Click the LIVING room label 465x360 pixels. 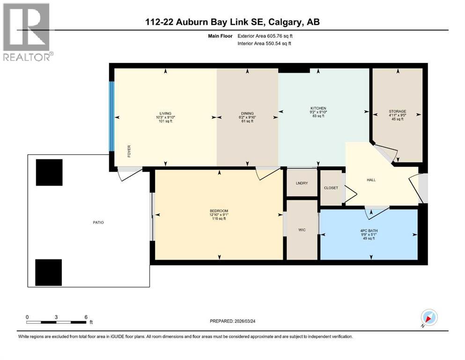tap(165, 113)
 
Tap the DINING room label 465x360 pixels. tap(247, 113)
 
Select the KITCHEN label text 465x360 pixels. tap(318, 108)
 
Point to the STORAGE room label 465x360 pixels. tap(397, 112)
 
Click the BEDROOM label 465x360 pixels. tap(219, 210)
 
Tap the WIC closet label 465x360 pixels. tap(302, 230)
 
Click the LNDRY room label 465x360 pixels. tap(302, 183)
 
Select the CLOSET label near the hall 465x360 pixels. tap(331, 188)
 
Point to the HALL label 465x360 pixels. tap(371, 180)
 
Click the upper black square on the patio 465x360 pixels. tap(49, 172)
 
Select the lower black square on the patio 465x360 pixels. tap(49, 272)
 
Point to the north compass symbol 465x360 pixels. tap(428, 318)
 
